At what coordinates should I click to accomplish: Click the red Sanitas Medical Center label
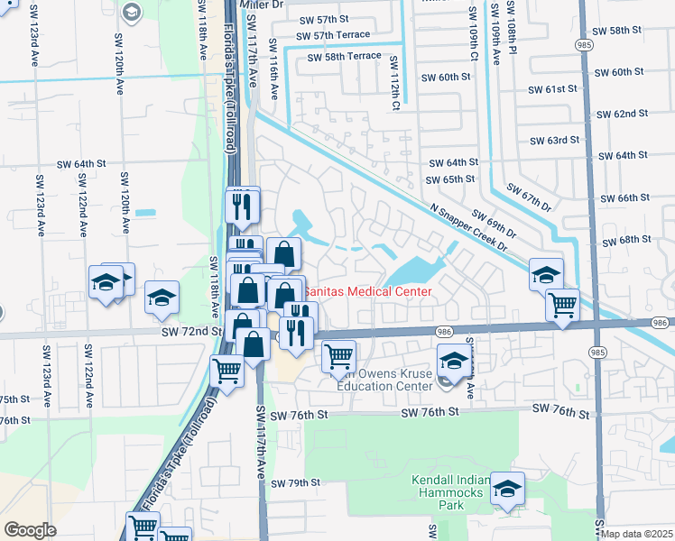point(366,291)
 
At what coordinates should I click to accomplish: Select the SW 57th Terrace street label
point(333,35)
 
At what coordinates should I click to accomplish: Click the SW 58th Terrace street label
point(344,56)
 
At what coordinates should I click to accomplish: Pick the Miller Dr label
point(263,5)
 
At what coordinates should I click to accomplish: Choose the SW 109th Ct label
point(472,39)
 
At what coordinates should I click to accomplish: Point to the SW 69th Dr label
point(493,225)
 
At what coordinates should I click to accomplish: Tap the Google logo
point(30,530)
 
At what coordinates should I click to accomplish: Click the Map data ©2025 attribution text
point(637,534)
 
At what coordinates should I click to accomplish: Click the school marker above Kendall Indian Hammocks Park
point(507,488)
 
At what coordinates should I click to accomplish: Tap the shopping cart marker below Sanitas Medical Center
point(337,356)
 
